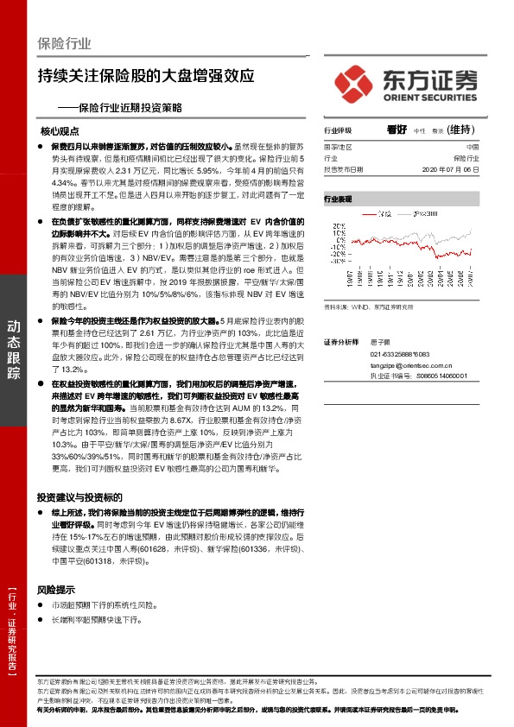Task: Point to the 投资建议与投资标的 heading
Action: click(x=80, y=497)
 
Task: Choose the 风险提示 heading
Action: click(x=55, y=591)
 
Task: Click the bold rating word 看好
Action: click(x=397, y=130)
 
